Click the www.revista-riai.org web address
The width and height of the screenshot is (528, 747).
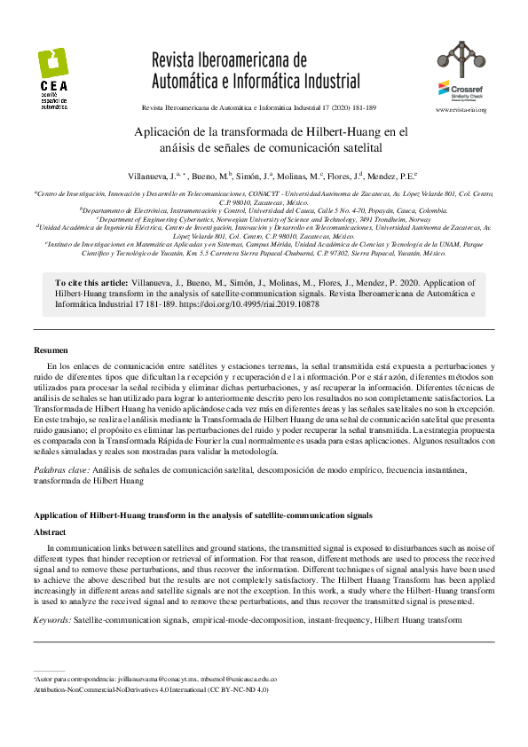(461, 109)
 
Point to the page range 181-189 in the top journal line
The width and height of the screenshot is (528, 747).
(363, 108)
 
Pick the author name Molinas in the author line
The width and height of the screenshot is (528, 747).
(303, 177)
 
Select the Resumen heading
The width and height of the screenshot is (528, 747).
(51, 350)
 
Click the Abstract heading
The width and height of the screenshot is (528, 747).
(50, 532)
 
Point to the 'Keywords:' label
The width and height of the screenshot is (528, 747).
(52, 618)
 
